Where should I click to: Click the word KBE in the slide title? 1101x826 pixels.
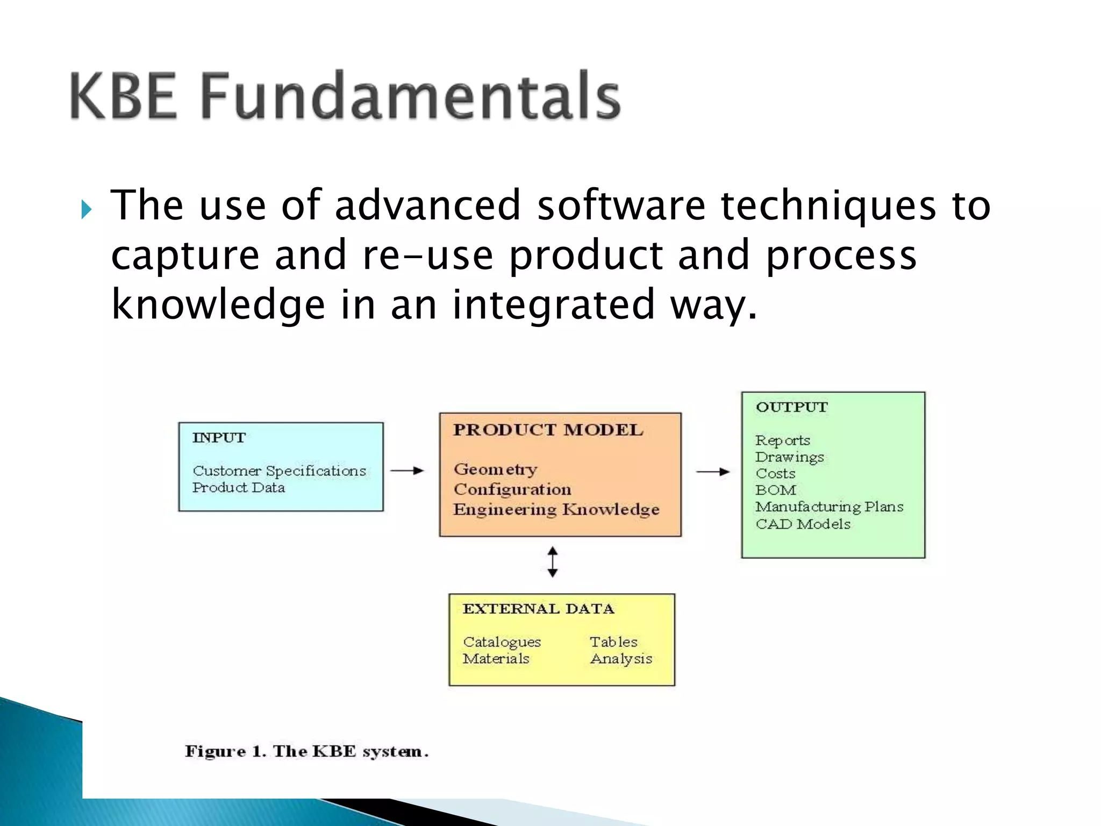(x=123, y=96)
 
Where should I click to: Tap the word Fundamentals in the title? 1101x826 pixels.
(x=411, y=96)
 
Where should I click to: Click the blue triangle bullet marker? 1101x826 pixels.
(x=86, y=209)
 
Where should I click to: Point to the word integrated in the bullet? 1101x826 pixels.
(x=554, y=304)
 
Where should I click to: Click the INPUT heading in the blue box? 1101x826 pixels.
(x=219, y=438)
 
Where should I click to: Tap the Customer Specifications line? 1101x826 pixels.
(x=279, y=471)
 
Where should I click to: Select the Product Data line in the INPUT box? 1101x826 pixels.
(x=239, y=488)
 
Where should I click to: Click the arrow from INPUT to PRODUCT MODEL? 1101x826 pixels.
(x=407, y=471)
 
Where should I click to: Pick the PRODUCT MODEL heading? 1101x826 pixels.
(x=548, y=430)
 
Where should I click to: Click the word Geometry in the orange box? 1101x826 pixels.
(x=495, y=469)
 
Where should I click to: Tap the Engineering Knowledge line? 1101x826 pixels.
(x=556, y=509)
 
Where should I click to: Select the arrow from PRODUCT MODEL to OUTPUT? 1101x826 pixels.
(x=713, y=472)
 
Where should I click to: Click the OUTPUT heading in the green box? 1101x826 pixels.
(x=792, y=407)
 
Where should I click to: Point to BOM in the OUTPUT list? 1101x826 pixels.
(x=776, y=490)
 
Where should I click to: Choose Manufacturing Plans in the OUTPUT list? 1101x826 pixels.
(x=829, y=507)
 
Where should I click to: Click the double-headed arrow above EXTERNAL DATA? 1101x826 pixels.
(x=553, y=562)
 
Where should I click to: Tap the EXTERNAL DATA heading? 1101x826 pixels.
(x=538, y=609)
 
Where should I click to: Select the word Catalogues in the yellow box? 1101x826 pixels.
(x=502, y=642)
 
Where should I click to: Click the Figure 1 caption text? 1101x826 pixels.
(x=306, y=751)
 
